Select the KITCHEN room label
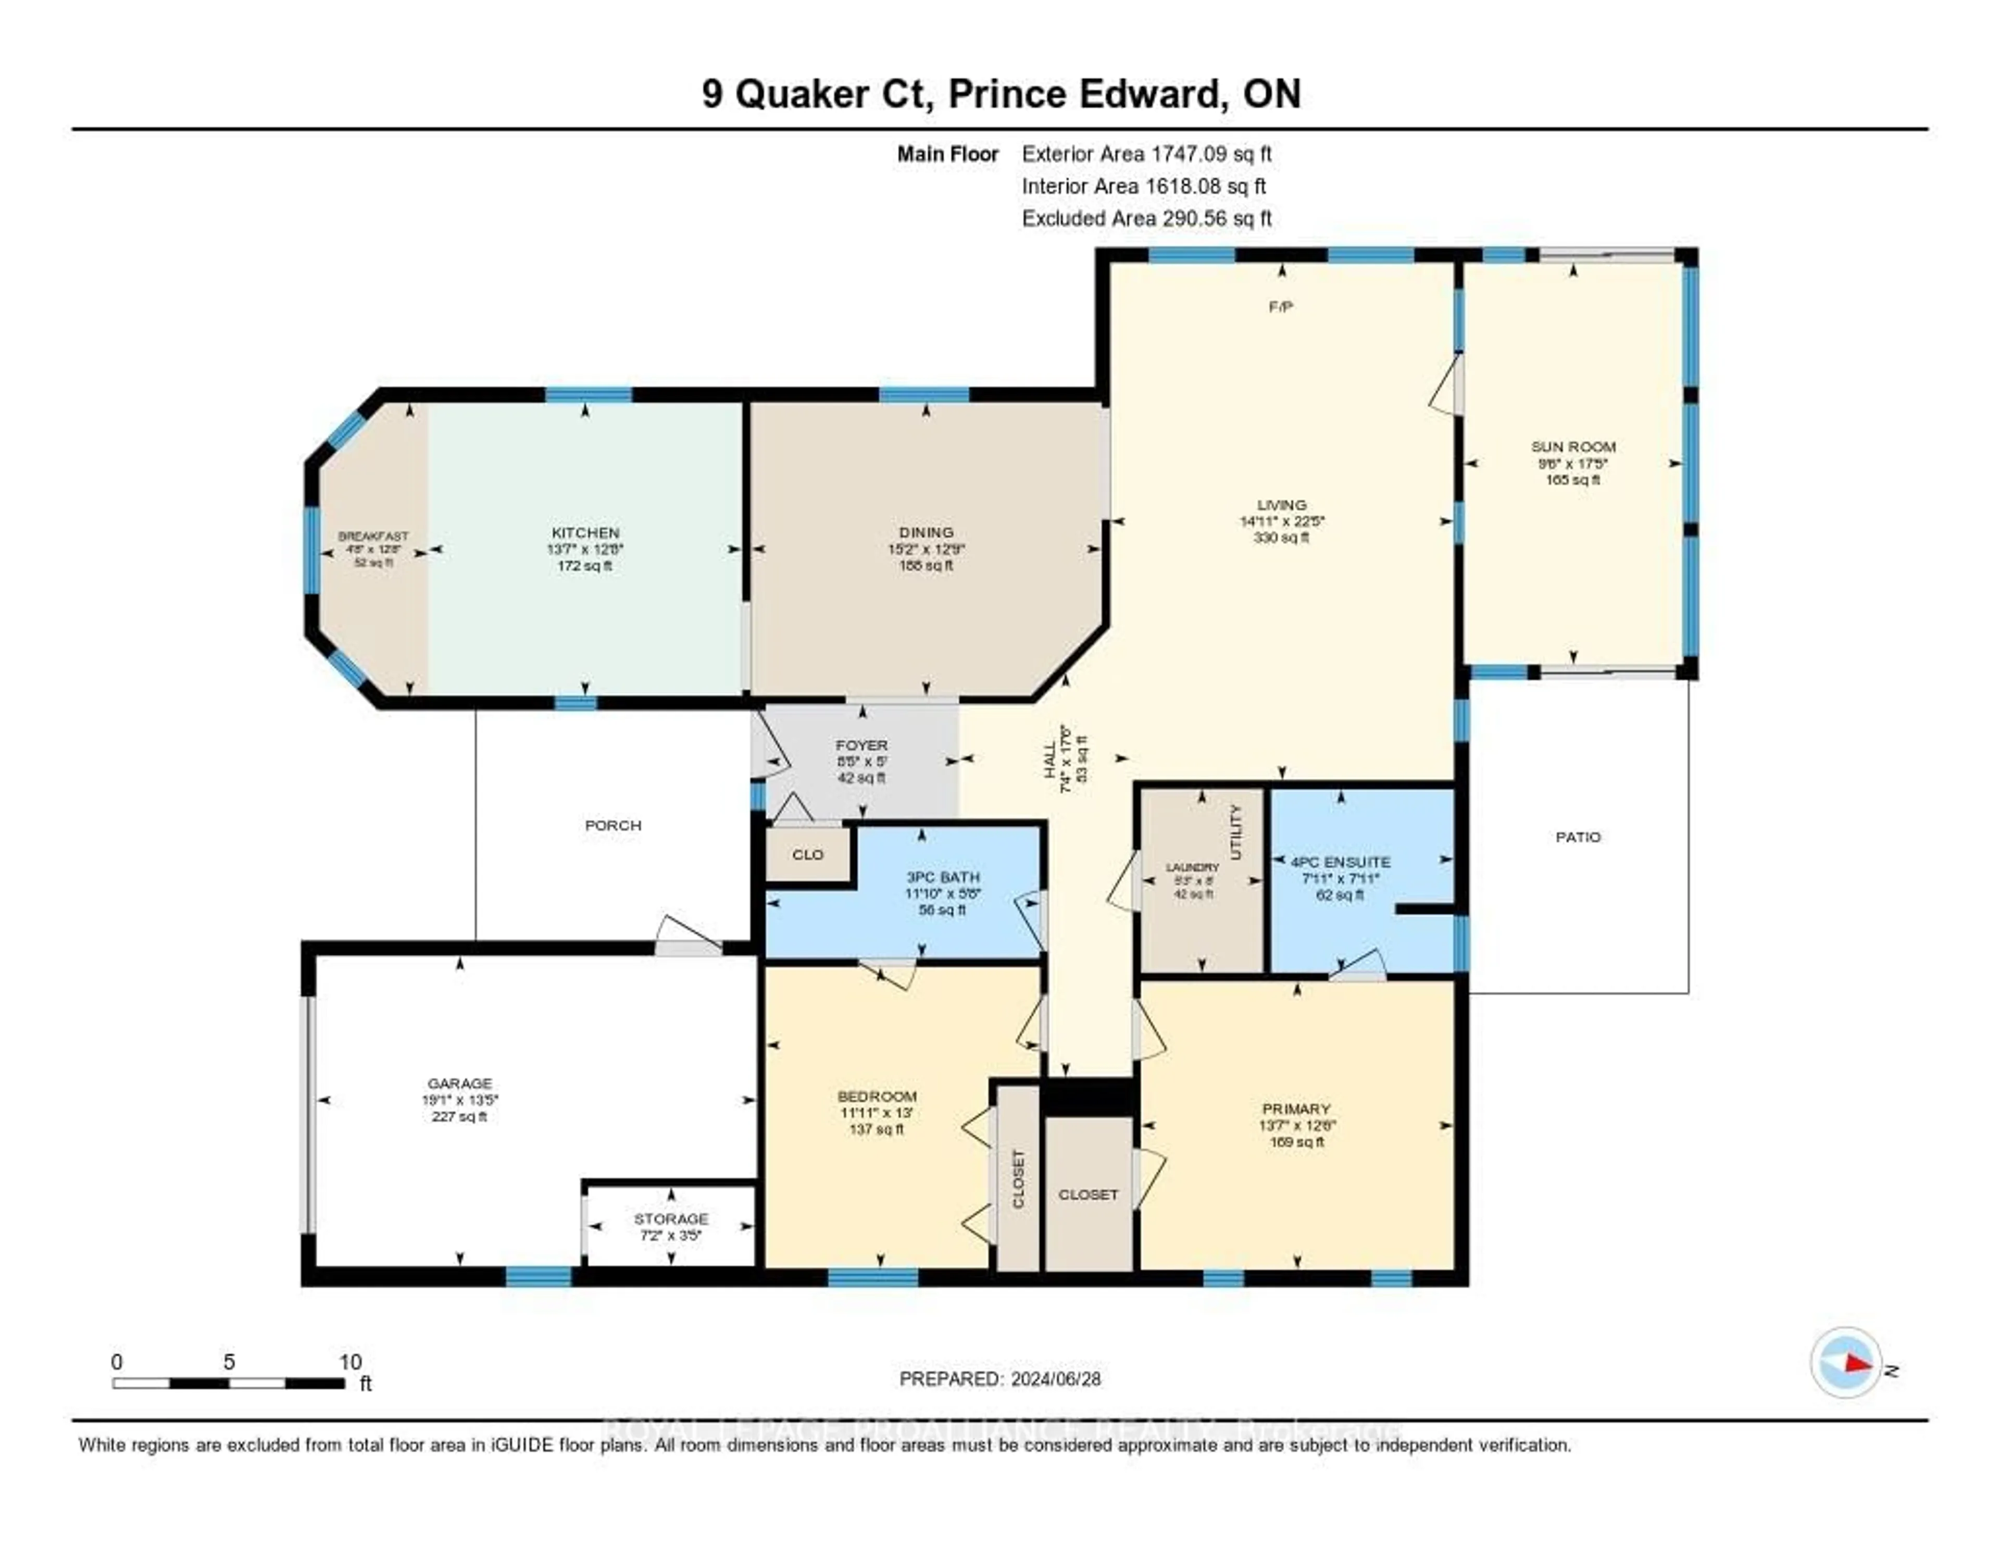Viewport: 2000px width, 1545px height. click(x=585, y=532)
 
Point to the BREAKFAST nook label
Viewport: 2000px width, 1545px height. click(x=373, y=537)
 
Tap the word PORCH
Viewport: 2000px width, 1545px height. click(x=612, y=825)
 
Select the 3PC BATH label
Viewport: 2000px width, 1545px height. click(x=942, y=877)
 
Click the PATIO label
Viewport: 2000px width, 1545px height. click(x=1577, y=837)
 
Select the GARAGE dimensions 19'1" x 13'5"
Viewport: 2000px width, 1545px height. click(x=460, y=1100)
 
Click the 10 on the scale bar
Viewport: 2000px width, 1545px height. click(x=350, y=1362)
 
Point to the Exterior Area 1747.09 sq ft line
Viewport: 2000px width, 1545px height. click(x=1146, y=154)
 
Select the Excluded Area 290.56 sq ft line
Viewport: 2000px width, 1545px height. click(x=1146, y=218)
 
